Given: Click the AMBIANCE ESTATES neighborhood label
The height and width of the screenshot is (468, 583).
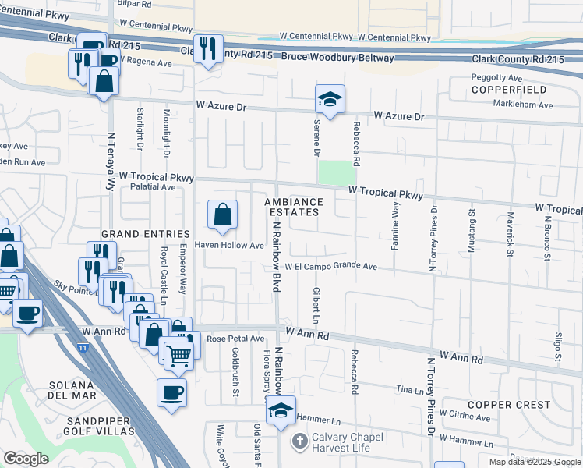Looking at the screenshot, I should pyautogui.click(x=292, y=206).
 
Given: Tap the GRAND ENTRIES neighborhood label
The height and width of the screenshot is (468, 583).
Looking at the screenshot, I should pyautogui.click(x=145, y=234).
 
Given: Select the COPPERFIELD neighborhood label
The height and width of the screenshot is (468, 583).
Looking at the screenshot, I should pyautogui.click(x=512, y=90).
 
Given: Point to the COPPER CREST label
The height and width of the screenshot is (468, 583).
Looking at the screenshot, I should pyautogui.click(x=508, y=405).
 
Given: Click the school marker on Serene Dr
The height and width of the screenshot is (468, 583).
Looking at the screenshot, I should pyautogui.click(x=330, y=99).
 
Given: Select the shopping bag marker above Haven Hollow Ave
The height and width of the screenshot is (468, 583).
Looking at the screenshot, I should pyautogui.click(x=222, y=214).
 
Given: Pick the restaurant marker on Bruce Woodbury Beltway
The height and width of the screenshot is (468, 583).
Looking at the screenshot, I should pyautogui.click(x=208, y=49).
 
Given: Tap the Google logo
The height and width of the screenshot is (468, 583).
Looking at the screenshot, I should pyautogui.click(x=26, y=459).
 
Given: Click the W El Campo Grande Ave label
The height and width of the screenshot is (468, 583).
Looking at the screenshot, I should pyautogui.click(x=330, y=267).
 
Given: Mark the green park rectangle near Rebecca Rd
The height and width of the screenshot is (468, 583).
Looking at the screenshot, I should pyautogui.click(x=337, y=172).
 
